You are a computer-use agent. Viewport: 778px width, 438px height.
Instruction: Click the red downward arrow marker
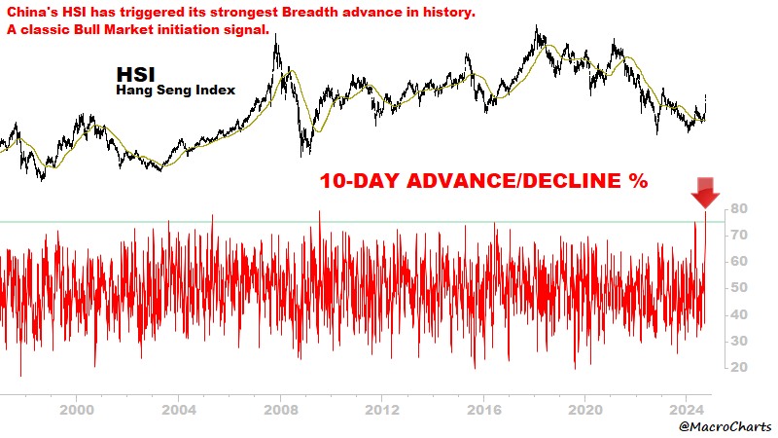[x=705, y=193]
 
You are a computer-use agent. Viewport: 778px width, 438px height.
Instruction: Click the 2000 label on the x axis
[x=78, y=410]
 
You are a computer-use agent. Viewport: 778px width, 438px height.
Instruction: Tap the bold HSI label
[x=134, y=74]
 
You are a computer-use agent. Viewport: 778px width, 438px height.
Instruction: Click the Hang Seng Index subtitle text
[x=175, y=91]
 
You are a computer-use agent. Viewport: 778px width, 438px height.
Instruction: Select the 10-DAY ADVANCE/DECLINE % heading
[x=484, y=181]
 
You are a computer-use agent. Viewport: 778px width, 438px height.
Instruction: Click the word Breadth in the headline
[x=336, y=11]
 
